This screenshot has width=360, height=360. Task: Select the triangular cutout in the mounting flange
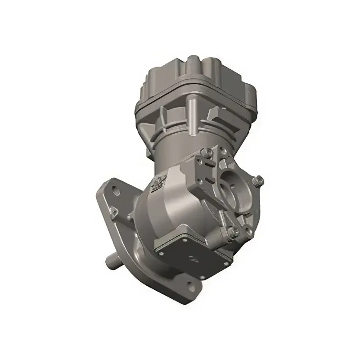(x=114, y=209)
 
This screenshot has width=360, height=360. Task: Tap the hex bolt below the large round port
(x=234, y=231)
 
